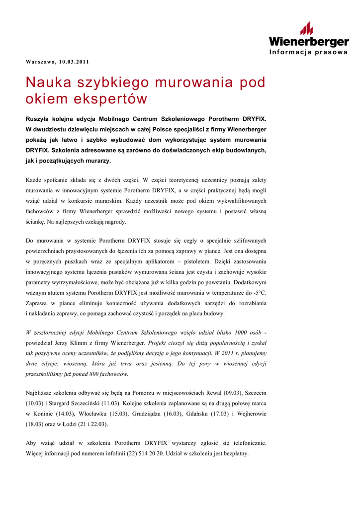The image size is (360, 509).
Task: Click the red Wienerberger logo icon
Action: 306,28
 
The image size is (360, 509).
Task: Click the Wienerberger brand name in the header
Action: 308,42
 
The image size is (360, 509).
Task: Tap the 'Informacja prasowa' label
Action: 308,53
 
